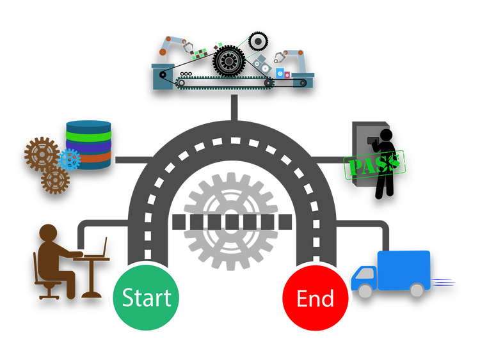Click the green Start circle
tap(146, 298)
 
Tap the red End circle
tap(315, 299)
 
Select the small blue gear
tap(69, 159)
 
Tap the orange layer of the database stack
tap(88, 156)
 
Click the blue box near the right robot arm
tap(279, 72)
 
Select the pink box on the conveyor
tap(287, 75)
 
